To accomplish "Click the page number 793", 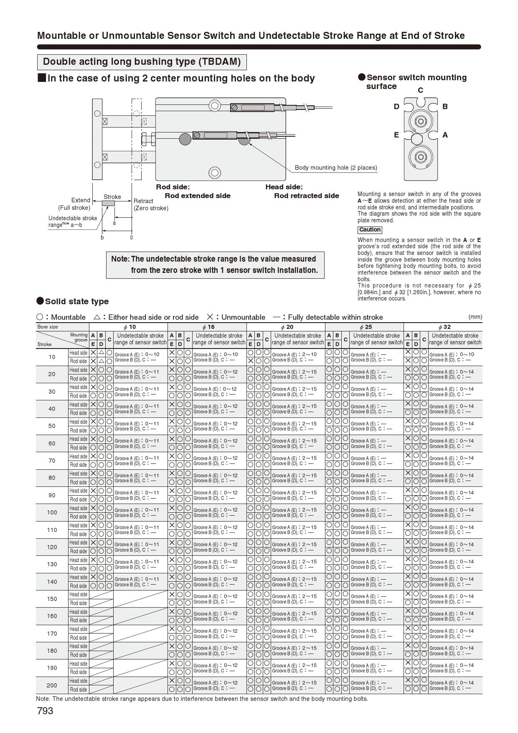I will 45,711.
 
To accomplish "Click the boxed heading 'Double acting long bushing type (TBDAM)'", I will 142,62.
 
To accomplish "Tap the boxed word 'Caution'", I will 370,230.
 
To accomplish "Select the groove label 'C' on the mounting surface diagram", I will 420,90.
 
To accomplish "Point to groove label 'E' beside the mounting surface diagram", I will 396,135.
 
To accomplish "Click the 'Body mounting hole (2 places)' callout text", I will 336,168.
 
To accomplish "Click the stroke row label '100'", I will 52,512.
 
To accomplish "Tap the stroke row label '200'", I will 52,685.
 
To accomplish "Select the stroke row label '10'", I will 52,357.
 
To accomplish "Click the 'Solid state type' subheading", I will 76,301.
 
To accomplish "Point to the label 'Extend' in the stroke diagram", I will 81,200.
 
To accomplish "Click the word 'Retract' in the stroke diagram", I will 143,201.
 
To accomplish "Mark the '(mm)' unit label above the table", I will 475,317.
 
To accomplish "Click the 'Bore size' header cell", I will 48,327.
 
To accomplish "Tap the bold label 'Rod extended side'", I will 197,196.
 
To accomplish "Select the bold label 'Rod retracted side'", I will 306,196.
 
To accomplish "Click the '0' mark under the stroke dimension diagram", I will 131,237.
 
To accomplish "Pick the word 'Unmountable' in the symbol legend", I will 243,317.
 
